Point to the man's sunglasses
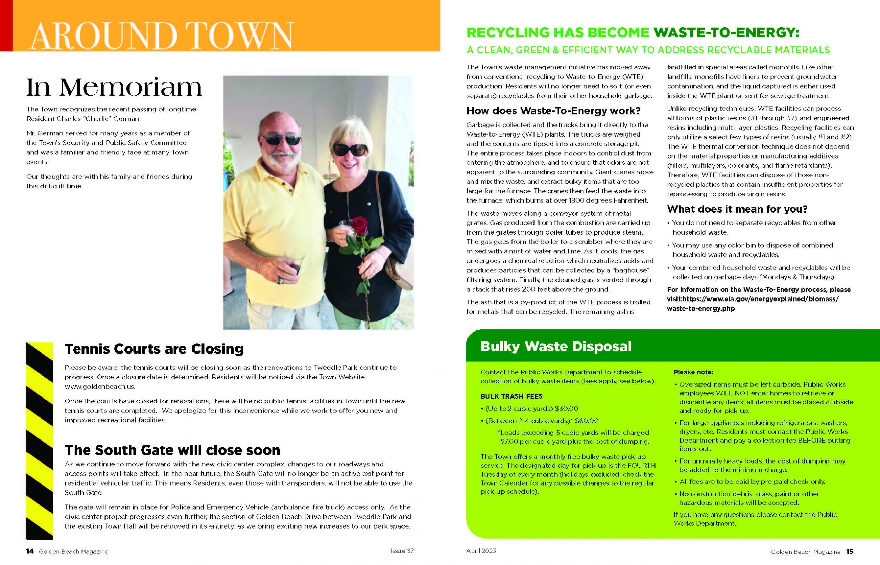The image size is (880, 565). pyautogui.click(x=280, y=139)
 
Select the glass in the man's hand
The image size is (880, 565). pyautogui.click(x=294, y=262)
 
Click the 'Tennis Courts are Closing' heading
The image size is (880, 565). pyautogui.click(x=154, y=349)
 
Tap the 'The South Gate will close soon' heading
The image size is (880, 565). pyautogui.click(x=172, y=450)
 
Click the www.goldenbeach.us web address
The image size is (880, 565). pyautogui.click(x=100, y=386)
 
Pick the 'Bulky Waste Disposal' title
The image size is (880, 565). pyautogui.click(x=556, y=346)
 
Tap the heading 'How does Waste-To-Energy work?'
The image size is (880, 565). pyautogui.click(x=553, y=110)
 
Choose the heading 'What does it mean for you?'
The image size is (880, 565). pyautogui.click(x=737, y=209)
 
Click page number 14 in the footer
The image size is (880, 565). pyautogui.click(x=30, y=551)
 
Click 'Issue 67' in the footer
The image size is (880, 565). pyautogui.click(x=402, y=551)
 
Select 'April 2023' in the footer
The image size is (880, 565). pyautogui.click(x=481, y=551)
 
